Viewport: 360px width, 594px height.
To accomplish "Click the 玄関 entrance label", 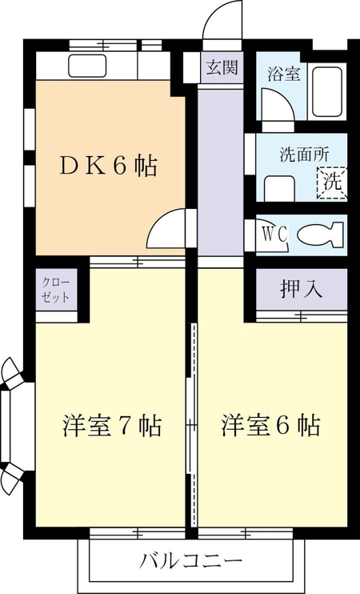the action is pyautogui.click(x=222, y=67).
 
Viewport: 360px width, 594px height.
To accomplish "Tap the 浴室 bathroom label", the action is pyautogui.click(x=284, y=74).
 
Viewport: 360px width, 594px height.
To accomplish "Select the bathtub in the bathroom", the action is pyautogui.click(x=327, y=92).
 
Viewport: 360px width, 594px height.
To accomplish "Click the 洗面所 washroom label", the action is pyautogui.click(x=304, y=155).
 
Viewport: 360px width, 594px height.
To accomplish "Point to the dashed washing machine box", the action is pyautogui.click(x=332, y=183).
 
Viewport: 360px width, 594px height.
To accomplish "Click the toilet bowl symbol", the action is pyautogui.click(x=320, y=235).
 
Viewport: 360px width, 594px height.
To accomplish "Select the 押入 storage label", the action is pyautogui.click(x=302, y=289).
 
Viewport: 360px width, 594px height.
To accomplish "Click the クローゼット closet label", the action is pyautogui.click(x=56, y=290).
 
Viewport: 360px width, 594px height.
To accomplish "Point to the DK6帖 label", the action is pyautogui.click(x=108, y=166).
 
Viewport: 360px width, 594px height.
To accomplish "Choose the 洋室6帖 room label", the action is pyautogui.click(x=270, y=425).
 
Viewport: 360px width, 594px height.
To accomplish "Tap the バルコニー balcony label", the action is pyautogui.click(x=190, y=560).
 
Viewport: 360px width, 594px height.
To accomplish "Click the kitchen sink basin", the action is pyautogui.click(x=87, y=66).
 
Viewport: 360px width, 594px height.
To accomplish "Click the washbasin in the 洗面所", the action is pyautogui.click(x=279, y=188).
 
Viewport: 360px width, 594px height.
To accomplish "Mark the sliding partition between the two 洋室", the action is pyautogui.click(x=192, y=424).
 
